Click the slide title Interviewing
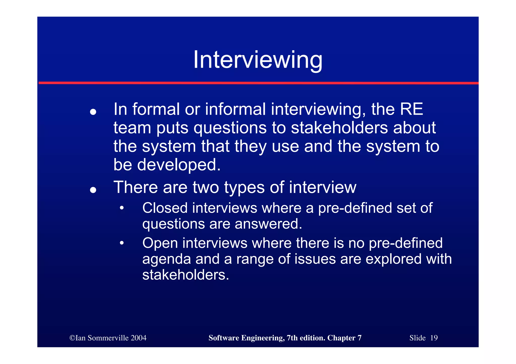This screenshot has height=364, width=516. (257, 60)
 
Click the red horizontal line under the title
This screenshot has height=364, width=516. (258, 83)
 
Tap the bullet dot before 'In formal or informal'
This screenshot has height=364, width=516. (93, 112)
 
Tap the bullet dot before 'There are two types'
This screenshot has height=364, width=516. (93, 190)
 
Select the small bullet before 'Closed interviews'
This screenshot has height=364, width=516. (122, 208)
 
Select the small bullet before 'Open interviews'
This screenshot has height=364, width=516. (122, 243)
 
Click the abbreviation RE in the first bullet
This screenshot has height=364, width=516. (411, 109)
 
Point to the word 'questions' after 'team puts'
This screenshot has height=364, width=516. (230, 128)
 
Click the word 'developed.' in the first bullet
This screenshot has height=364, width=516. (179, 165)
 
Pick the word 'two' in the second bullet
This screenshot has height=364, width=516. (206, 187)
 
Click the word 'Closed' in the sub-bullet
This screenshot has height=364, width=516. (165, 208)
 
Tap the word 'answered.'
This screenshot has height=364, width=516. (268, 224)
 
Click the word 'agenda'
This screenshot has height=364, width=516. (167, 259)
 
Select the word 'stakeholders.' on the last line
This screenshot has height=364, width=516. (186, 275)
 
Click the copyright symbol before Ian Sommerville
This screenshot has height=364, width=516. (72, 338)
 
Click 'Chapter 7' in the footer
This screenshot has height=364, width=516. (344, 338)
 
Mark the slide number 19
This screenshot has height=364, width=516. (434, 338)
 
